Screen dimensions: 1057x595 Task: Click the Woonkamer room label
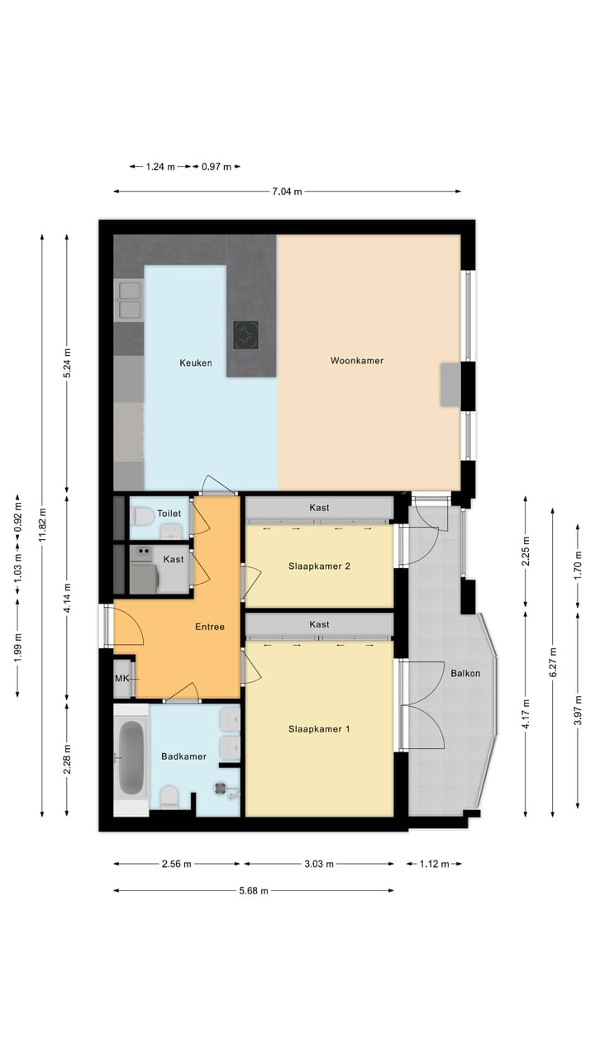click(357, 361)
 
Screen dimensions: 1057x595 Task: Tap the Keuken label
click(196, 363)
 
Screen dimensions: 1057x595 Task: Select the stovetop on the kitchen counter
click(245, 334)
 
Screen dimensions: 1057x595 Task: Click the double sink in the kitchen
click(130, 300)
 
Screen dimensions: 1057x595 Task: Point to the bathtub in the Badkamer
click(131, 757)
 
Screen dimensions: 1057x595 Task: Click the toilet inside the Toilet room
click(141, 516)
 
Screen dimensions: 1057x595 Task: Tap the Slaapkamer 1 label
click(319, 729)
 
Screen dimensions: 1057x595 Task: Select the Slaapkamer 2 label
click(319, 566)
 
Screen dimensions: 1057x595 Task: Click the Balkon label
click(465, 673)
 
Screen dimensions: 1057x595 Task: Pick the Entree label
click(209, 627)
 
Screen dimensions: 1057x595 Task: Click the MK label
click(121, 678)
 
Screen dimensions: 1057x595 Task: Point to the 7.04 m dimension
click(287, 192)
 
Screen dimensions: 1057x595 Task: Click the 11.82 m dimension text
click(42, 527)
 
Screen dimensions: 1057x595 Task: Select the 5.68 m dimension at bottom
click(253, 891)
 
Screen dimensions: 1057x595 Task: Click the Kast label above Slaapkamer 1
click(319, 625)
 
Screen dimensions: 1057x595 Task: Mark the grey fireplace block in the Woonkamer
click(450, 384)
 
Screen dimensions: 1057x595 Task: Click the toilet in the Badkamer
click(169, 796)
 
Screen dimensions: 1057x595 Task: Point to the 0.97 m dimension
click(217, 167)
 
